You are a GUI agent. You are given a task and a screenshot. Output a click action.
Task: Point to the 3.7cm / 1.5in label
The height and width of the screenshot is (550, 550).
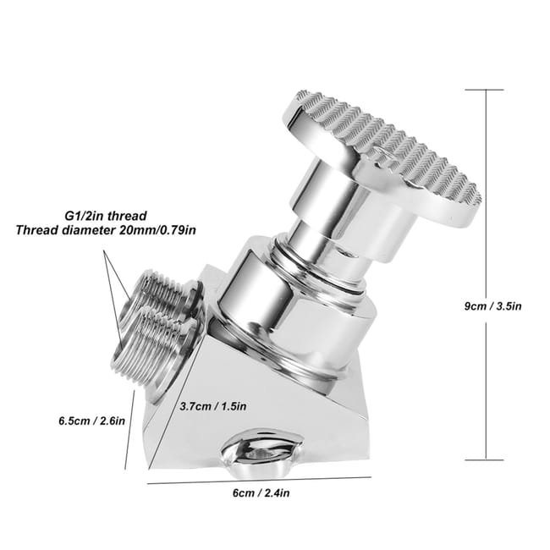point(213,405)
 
